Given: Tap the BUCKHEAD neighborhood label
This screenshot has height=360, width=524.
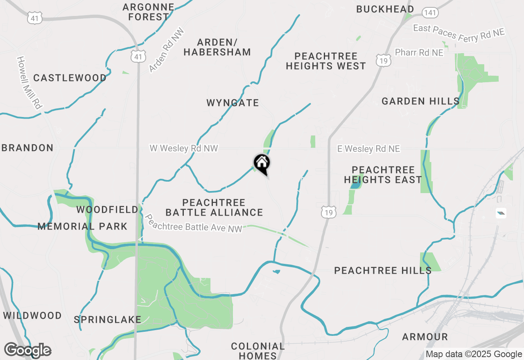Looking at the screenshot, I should (385, 9).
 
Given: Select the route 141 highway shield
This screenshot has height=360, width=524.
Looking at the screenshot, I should (430, 13).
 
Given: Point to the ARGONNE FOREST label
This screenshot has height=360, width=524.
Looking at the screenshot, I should (148, 12).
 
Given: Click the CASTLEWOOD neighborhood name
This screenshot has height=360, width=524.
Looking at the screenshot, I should (70, 78).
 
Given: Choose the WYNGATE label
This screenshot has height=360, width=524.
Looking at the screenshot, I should (233, 103).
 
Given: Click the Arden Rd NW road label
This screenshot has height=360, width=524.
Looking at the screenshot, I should (167, 50).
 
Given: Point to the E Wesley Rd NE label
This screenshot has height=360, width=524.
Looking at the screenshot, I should (368, 149).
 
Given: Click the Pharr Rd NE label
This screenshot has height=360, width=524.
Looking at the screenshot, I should (419, 53).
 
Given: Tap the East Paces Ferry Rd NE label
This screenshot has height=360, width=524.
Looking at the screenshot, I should (458, 33).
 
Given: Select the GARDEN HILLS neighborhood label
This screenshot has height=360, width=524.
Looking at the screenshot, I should (420, 101).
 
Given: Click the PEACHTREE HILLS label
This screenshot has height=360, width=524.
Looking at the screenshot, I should (382, 270).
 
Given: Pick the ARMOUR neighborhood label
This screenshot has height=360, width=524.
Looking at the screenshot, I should (425, 337).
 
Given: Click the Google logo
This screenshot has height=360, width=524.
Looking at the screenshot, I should (27, 350).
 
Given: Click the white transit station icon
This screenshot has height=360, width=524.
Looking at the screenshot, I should (501, 213).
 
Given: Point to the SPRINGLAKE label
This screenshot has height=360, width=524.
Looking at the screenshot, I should (107, 319).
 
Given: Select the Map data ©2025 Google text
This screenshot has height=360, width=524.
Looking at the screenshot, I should (474, 354).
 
